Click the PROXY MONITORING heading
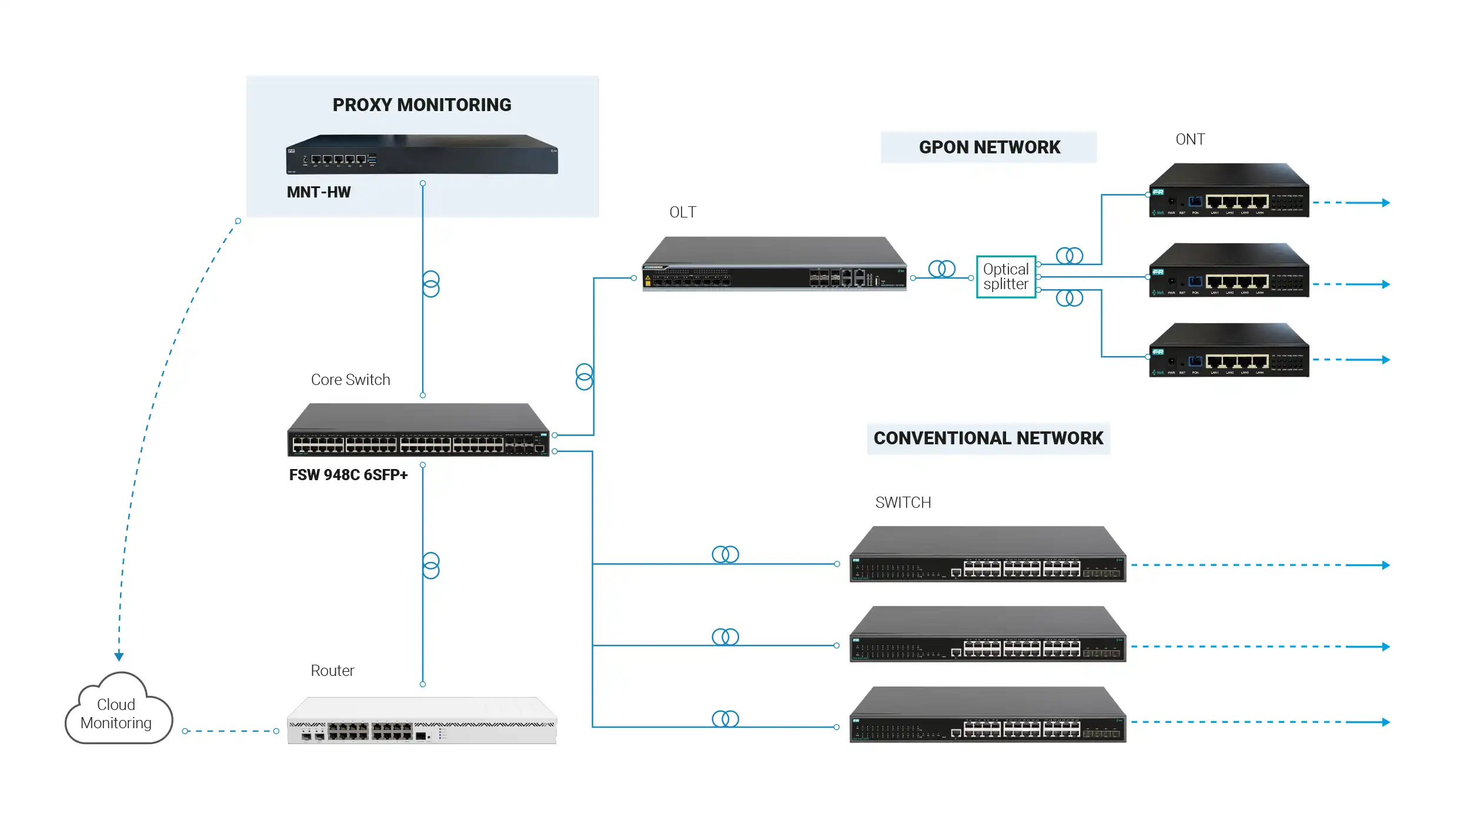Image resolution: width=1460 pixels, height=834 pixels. (x=422, y=105)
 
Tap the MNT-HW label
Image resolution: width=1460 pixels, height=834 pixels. (x=318, y=192)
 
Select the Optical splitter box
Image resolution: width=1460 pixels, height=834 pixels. (x=1005, y=277)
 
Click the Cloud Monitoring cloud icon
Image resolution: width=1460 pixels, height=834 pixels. (x=117, y=711)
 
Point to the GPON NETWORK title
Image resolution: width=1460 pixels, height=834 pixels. (x=989, y=147)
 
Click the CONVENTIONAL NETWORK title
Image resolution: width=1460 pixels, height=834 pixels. (x=988, y=438)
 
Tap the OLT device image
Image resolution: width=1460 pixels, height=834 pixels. (x=774, y=264)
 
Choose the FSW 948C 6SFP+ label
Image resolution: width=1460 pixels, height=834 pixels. (x=348, y=475)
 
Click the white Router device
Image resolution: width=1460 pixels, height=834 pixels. (x=422, y=721)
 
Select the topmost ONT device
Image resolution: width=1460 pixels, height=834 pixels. (x=1228, y=190)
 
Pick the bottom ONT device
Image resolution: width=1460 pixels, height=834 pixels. (x=1228, y=350)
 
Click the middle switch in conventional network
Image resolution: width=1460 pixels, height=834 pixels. (x=987, y=635)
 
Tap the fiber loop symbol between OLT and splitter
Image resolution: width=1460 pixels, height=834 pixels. (x=941, y=269)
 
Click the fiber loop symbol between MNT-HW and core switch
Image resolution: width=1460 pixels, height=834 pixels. (x=431, y=284)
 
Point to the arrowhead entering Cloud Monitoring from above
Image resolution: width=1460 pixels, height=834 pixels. (x=119, y=657)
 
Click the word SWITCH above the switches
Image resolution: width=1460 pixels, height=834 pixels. (x=903, y=503)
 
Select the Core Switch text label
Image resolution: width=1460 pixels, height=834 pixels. (x=350, y=380)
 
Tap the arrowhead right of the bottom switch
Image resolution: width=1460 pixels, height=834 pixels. (x=1385, y=722)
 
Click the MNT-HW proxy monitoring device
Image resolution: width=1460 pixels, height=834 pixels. (x=422, y=155)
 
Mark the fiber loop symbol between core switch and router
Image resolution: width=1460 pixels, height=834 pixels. (x=431, y=565)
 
